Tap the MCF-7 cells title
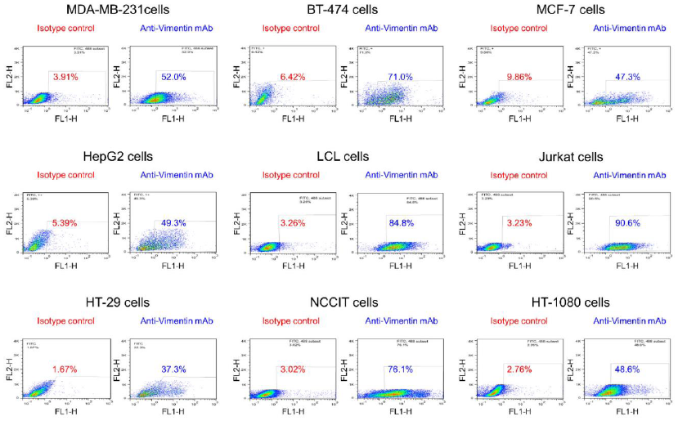[572, 10]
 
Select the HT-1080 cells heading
[570, 302]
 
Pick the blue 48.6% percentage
[627, 369]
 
